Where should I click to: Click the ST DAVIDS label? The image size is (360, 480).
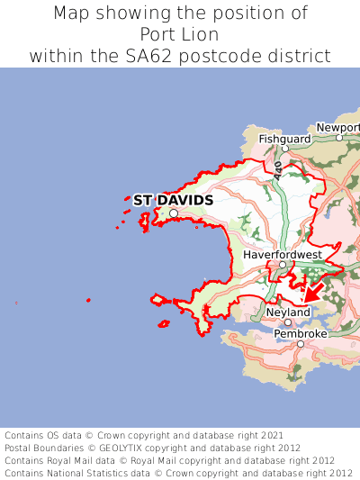[173, 200]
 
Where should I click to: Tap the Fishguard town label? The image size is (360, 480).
[284, 140]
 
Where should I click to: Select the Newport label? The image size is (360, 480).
[338, 128]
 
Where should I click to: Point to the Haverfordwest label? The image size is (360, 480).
[282, 255]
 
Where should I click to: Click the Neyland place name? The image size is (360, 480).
[288, 312]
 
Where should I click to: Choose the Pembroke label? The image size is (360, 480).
[301, 333]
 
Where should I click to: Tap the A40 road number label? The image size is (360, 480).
[279, 170]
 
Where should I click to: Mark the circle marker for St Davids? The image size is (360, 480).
[174, 213]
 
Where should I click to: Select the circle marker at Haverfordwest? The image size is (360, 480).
[282, 265]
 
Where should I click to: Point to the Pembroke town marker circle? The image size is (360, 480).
[300, 343]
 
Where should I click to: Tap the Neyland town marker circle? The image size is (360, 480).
[288, 322]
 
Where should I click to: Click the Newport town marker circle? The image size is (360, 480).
[339, 138]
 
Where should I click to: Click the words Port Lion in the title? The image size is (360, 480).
[180, 34]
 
